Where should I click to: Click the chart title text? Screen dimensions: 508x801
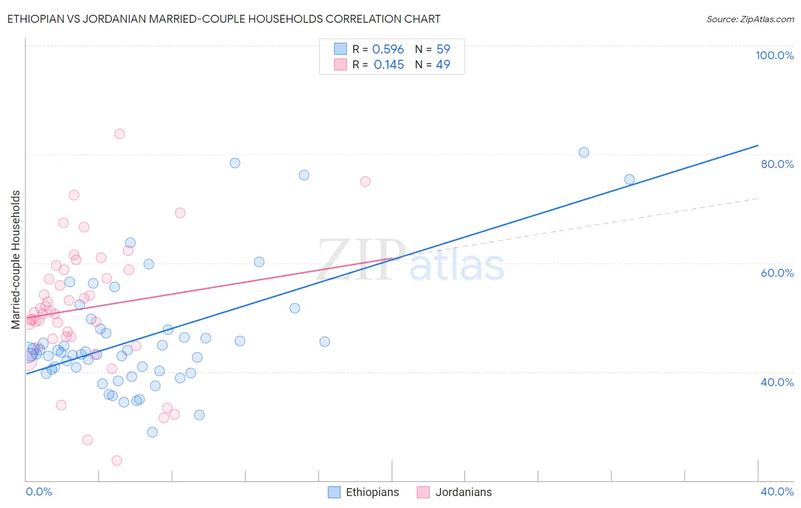pos(223,19)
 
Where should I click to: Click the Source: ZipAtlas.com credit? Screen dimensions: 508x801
pos(750,19)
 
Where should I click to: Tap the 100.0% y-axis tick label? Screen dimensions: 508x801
pos(774,55)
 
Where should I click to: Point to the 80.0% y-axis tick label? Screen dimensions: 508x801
pos(777,164)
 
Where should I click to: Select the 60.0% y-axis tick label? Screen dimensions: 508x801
pos(777,273)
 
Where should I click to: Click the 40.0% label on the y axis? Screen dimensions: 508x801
pos(777,382)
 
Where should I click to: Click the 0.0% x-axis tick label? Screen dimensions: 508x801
pos(39,491)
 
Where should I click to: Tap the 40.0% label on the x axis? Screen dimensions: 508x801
pos(777,491)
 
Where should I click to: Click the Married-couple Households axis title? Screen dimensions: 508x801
pos(16,260)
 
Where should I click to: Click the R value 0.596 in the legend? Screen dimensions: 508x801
pos(388,50)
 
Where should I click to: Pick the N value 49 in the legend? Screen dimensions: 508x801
pos(443,65)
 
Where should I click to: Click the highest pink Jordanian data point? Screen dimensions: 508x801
pos(120,134)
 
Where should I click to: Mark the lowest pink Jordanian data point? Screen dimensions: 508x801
pos(117,460)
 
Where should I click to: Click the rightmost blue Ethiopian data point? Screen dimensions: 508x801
pos(630,179)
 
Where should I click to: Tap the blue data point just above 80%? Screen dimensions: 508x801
pos(584,152)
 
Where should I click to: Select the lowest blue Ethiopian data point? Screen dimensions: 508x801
pos(152,432)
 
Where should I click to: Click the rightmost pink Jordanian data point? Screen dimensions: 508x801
pos(365,182)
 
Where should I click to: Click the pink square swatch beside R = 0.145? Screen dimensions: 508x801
pos(340,64)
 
